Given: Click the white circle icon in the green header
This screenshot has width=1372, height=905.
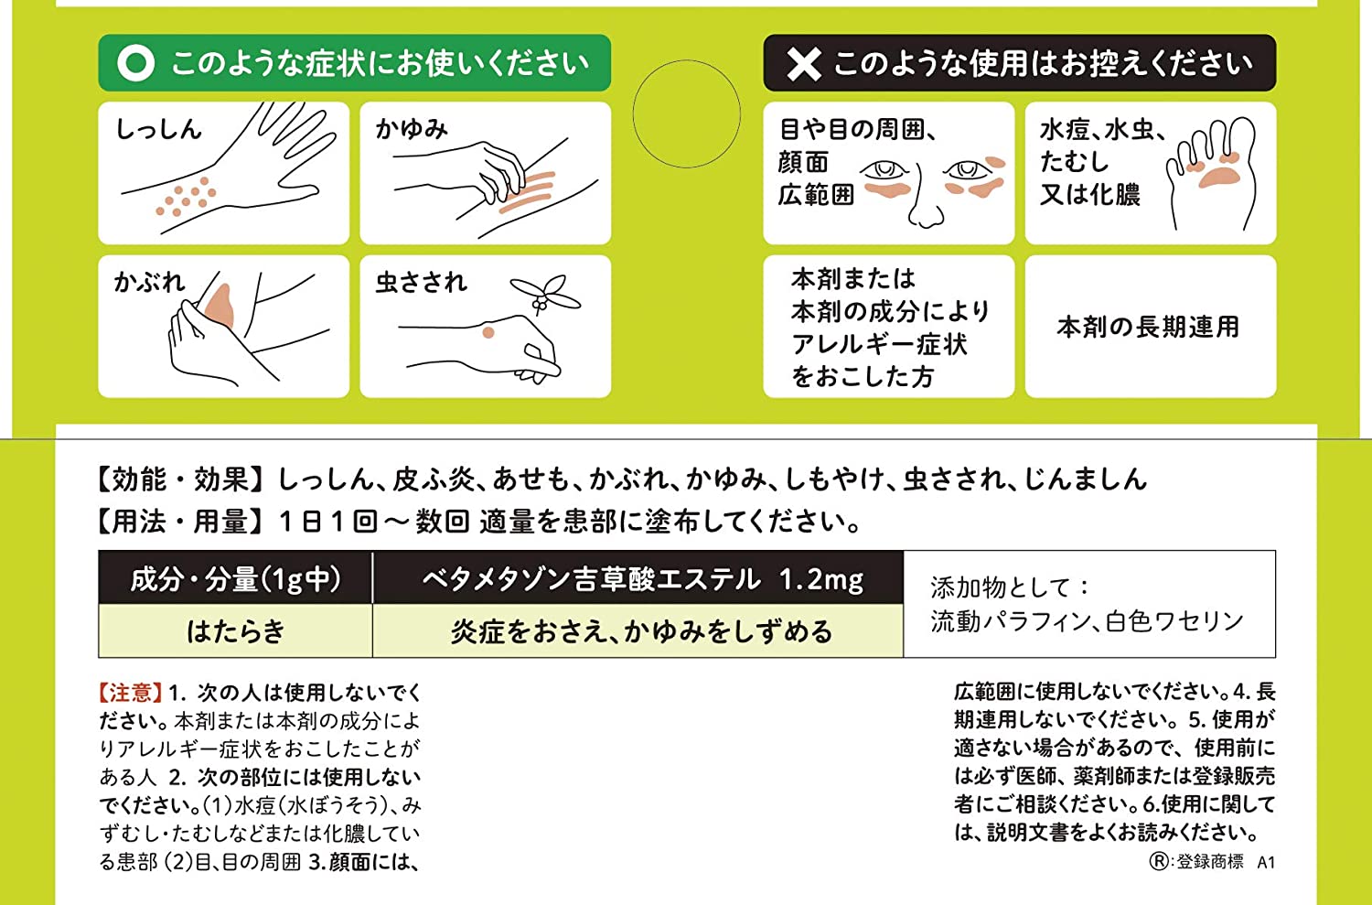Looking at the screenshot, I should (135, 63).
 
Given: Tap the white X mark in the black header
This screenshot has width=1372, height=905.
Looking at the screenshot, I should (803, 63).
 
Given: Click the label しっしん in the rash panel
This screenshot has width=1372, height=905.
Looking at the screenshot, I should (158, 129).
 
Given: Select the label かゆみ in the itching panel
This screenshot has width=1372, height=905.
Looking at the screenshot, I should (412, 129).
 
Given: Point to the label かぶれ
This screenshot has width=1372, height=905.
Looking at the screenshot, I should (148, 282).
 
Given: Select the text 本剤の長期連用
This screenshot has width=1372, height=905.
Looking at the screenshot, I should (1149, 327).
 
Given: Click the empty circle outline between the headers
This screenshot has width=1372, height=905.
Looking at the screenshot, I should (686, 113).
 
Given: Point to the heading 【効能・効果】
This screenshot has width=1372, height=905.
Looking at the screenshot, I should (182, 479).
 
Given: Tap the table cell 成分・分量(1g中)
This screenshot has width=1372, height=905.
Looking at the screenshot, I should (235, 579).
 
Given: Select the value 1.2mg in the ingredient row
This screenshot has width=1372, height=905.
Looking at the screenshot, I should (820, 579).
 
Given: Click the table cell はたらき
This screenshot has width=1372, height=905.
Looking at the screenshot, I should (235, 631).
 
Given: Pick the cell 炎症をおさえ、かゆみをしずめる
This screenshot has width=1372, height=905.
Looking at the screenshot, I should (641, 631).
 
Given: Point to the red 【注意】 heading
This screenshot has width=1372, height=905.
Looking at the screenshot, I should (131, 693).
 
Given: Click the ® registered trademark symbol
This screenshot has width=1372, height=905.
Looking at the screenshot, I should (1159, 861).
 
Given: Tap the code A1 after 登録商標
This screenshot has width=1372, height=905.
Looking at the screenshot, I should (1266, 861).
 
